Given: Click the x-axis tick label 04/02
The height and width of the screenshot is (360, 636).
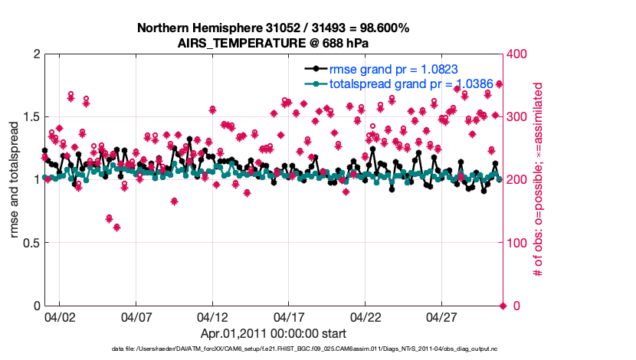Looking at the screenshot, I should [59, 316].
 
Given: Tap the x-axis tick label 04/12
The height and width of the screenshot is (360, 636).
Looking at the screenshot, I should [212, 316].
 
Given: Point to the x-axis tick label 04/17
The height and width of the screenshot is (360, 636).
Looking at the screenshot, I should [289, 316].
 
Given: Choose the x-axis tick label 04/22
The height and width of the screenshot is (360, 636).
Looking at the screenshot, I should [366, 316].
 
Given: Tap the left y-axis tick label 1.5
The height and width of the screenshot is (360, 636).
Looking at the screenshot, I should [29, 117].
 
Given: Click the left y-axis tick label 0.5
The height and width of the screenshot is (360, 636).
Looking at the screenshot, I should [29, 243].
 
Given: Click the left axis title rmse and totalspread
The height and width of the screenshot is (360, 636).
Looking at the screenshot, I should [14, 180].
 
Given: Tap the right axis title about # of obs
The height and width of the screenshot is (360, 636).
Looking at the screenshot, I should [539, 180].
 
